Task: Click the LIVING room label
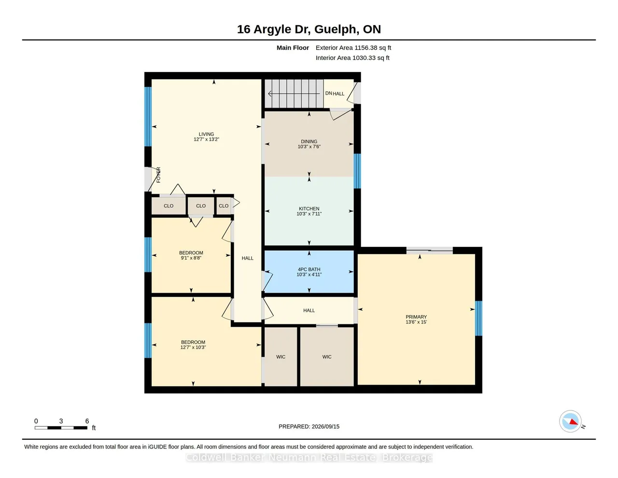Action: [x=206, y=134]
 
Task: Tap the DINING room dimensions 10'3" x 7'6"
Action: [x=309, y=146]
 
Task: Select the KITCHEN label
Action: [x=309, y=209]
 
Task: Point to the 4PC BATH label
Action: [x=309, y=269]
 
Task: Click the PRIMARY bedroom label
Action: [x=416, y=317]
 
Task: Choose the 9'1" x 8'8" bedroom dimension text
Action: [x=191, y=258]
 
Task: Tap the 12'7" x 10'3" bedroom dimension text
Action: [x=193, y=348]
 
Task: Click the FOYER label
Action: [x=158, y=175]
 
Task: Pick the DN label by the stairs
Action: [x=328, y=93]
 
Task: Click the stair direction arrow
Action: [x=294, y=93]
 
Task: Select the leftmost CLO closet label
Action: [x=169, y=206]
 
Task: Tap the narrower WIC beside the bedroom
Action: [x=281, y=357]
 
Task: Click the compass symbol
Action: [x=570, y=421]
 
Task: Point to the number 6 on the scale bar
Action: [x=87, y=421]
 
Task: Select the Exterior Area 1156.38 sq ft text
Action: [x=353, y=48]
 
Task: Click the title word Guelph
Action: [x=335, y=29]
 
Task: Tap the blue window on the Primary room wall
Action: [x=478, y=319]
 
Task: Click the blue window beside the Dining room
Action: [x=357, y=171]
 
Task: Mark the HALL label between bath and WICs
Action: [x=309, y=310]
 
